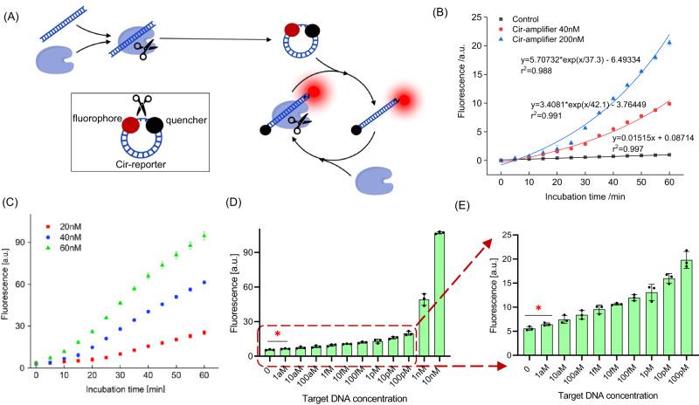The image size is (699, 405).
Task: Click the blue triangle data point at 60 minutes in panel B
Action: coord(669,43)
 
